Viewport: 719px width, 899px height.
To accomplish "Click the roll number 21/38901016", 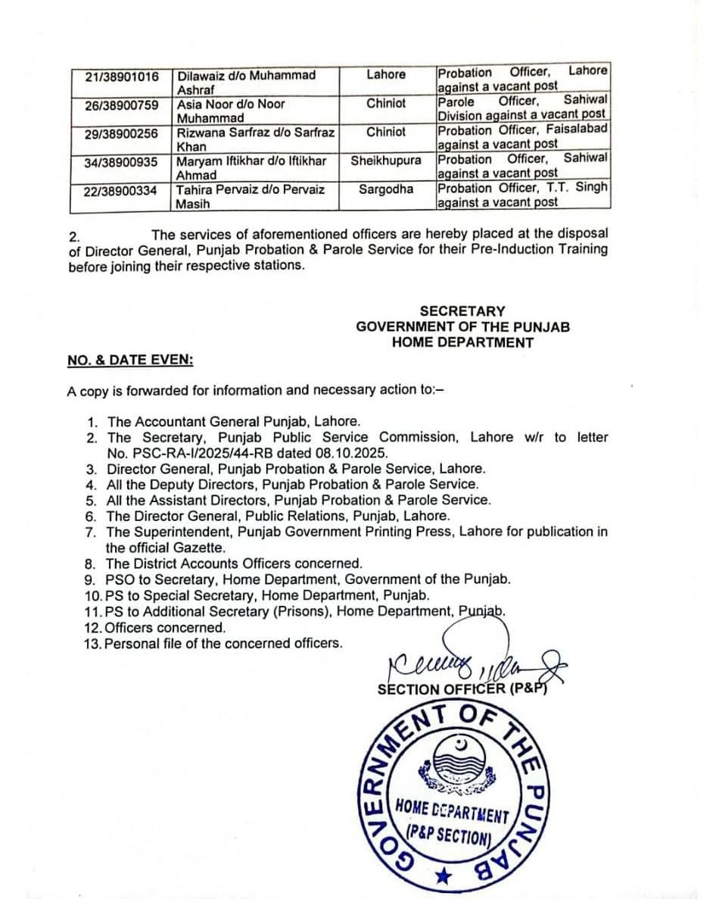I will point(122,76).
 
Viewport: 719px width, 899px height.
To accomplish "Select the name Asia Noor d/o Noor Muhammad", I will point(230,111).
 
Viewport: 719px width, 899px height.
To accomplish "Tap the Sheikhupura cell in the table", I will point(386,161).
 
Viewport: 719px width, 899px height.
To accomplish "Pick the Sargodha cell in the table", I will point(386,189).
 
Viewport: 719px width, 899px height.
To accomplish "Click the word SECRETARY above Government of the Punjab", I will point(462,311).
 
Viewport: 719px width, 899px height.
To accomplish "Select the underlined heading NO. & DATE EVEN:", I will point(129,361).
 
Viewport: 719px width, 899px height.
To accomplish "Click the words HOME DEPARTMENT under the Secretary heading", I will point(462,342).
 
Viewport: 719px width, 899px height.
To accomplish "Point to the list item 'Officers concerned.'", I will point(164,628).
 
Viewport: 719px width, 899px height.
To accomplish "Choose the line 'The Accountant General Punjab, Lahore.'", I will point(234,421).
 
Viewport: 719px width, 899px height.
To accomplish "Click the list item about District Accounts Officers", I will point(234,563).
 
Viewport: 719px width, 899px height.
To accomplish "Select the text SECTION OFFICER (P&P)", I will point(462,689).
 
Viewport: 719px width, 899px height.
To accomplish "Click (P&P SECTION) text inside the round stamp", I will point(449,835).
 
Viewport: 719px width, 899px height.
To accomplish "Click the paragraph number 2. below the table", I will point(73,236).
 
